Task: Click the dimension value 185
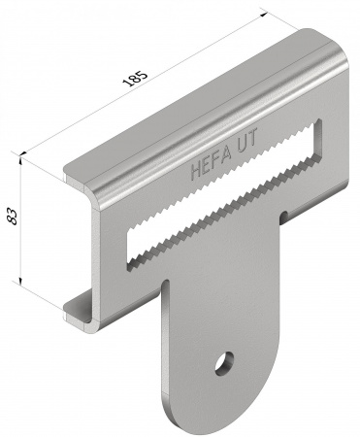(x=135, y=78)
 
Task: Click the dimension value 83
(x=13, y=217)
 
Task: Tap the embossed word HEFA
(x=212, y=163)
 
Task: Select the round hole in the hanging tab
(x=224, y=363)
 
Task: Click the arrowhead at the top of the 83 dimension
(x=20, y=159)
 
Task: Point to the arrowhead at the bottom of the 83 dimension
(x=20, y=282)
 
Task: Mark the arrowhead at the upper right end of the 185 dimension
(x=263, y=15)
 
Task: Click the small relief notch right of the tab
(x=283, y=217)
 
